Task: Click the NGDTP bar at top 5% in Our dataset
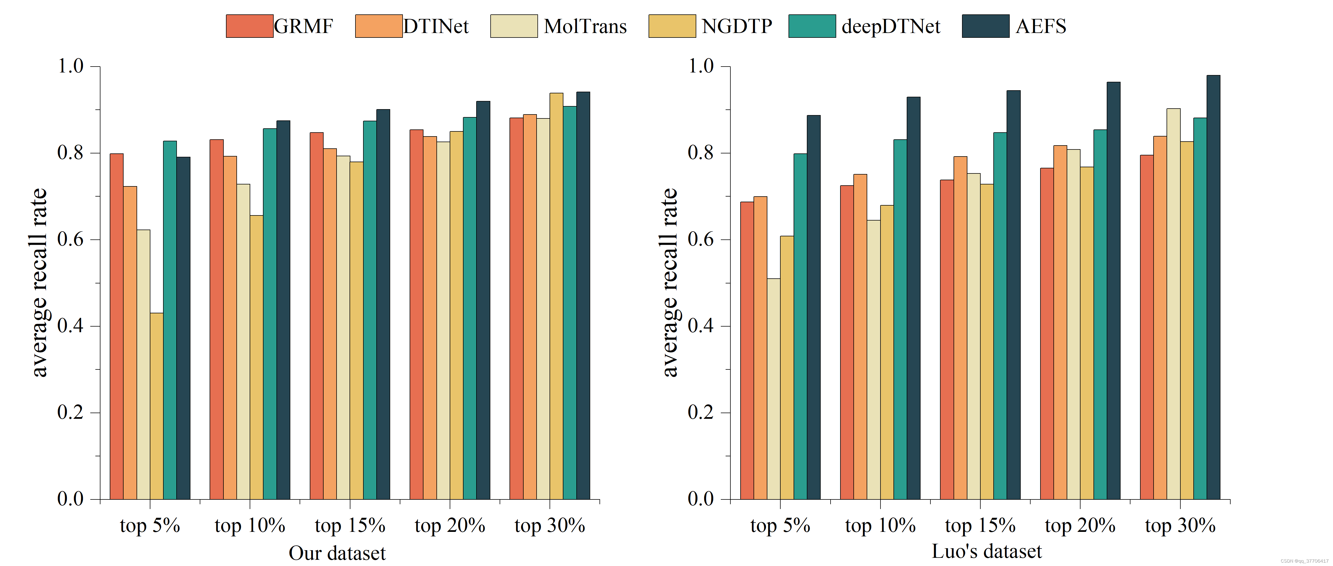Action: [x=156, y=406]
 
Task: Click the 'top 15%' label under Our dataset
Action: [x=350, y=526]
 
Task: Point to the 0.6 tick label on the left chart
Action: [x=70, y=239]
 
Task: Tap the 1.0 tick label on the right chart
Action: [x=701, y=66]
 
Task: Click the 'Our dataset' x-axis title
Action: [x=337, y=553]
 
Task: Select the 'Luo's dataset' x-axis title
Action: [x=986, y=552]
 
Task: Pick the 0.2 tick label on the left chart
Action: [x=70, y=412]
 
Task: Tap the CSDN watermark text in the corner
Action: [x=1304, y=561]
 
